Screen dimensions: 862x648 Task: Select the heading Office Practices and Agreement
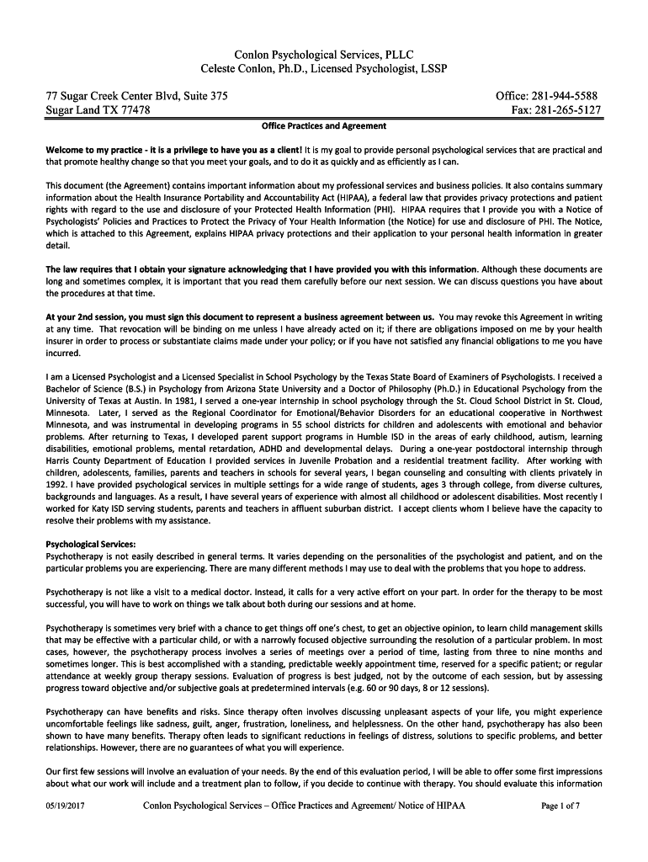coord(324,126)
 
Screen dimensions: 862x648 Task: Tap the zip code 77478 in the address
coord(133,110)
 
